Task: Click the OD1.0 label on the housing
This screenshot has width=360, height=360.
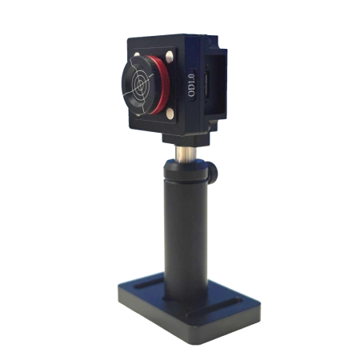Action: pos(191,85)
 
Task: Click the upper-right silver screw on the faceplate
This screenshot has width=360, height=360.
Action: pos(169,56)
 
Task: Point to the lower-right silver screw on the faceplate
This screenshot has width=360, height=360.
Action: pos(170,113)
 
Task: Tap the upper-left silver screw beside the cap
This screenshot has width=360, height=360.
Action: pos(136,54)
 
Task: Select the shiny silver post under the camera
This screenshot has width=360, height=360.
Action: pos(186,154)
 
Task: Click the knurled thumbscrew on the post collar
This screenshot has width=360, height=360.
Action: pos(214,174)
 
